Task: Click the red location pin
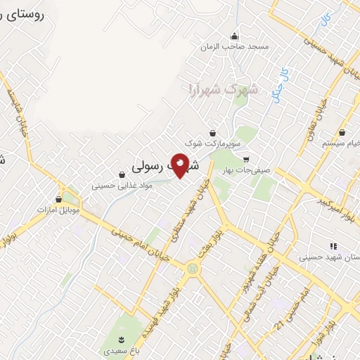click(x=180, y=165)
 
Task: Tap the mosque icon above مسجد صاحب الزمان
click(x=234, y=37)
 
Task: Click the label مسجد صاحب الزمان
click(x=234, y=46)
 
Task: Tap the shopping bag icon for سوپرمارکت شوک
click(x=212, y=133)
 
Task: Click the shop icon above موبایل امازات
click(x=58, y=200)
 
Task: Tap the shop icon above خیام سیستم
click(x=342, y=132)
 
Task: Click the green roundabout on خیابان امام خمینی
click(x=192, y=269)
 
